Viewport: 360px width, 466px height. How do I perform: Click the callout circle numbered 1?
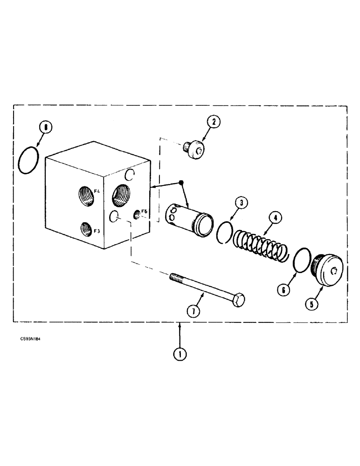pos(180,354)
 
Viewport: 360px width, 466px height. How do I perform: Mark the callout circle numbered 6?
pos(284,289)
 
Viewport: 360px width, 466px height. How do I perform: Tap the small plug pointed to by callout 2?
pos(195,150)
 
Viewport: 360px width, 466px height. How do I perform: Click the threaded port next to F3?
pos(86,228)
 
